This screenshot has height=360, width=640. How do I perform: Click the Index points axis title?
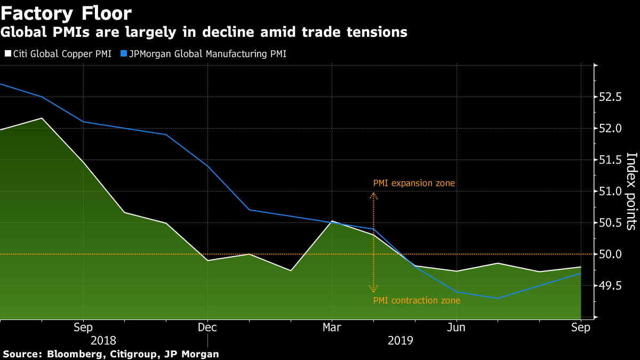pos(631,191)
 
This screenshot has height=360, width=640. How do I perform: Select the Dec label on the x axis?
pos(207,327)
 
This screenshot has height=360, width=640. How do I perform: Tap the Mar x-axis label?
pos(332,327)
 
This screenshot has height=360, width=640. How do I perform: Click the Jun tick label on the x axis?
pos(457,327)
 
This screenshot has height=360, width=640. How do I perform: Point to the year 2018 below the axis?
pos(103,340)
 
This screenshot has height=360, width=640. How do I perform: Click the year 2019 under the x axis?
pos(399,340)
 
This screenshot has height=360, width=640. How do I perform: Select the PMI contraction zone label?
pos(417,301)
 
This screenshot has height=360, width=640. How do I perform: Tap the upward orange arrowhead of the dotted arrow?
pos(374,195)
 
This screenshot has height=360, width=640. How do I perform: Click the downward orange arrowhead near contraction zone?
pos(374,290)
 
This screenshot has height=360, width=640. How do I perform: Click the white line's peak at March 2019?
pos(332,221)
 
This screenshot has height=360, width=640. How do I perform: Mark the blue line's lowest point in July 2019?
pos(498,298)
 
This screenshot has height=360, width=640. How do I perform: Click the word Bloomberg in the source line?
pos(71,354)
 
